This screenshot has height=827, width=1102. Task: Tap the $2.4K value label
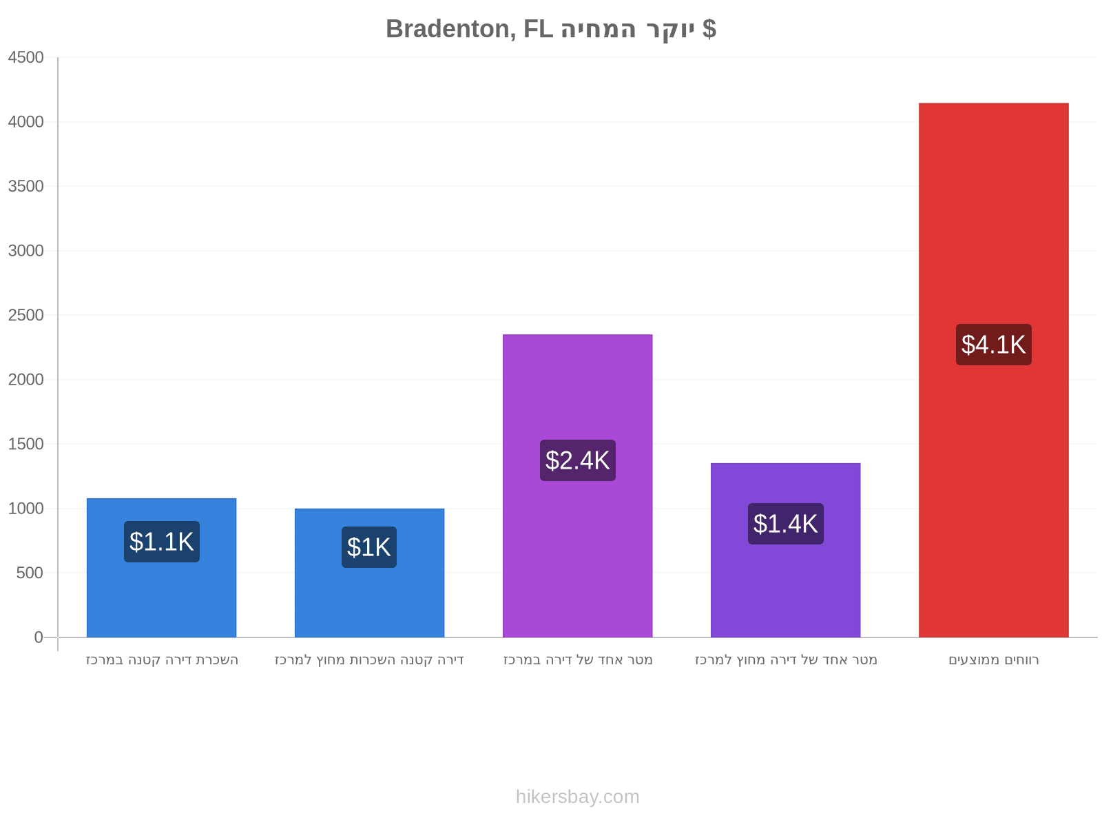click(x=577, y=460)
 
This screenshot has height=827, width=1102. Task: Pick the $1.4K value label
click(x=784, y=523)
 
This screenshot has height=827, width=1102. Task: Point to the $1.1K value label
click(x=162, y=541)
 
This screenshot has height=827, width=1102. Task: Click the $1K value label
click(x=369, y=547)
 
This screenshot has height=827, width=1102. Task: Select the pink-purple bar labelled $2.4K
click(x=577, y=486)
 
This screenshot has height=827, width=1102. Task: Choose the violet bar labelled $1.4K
click(x=784, y=550)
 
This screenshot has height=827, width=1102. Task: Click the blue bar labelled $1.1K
click(x=162, y=567)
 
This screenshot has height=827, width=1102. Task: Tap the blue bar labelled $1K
click(x=369, y=573)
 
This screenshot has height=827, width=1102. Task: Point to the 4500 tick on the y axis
click(x=25, y=57)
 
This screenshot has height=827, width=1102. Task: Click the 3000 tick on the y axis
click(x=25, y=251)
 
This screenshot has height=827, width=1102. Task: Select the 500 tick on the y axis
click(x=30, y=573)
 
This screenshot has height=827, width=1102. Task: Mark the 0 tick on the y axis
click(x=39, y=637)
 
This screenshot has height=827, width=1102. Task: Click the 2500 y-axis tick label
click(x=25, y=315)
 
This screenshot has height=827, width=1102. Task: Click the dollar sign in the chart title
click(x=709, y=29)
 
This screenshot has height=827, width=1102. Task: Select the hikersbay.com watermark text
click(x=577, y=797)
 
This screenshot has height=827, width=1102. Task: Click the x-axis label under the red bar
click(x=993, y=660)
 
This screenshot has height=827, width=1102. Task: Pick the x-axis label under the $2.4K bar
click(x=578, y=660)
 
